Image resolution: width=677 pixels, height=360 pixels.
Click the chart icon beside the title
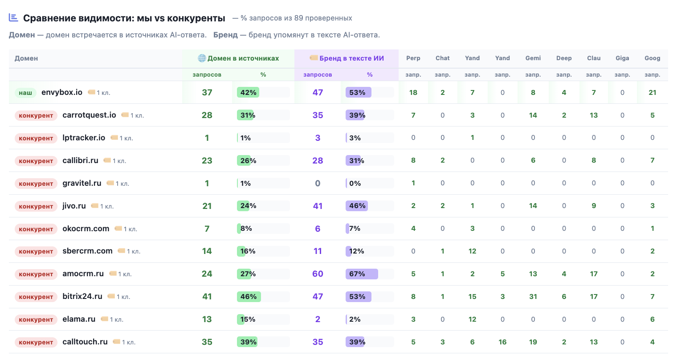tap(13, 17)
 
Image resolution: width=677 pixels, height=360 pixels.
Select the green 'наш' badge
tap(25, 93)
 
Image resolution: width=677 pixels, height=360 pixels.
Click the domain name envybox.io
tap(62, 92)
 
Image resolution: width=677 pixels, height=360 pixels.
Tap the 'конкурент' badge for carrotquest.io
tap(36, 115)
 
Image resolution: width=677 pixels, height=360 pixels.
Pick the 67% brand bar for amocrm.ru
tap(362, 274)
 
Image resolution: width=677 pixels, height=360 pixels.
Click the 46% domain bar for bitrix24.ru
tap(249, 297)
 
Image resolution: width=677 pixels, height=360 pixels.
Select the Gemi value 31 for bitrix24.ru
tap(533, 297)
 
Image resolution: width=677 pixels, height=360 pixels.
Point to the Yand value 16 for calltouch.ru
tap(502, 342)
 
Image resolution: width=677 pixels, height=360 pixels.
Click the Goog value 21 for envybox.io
tap(652, 93)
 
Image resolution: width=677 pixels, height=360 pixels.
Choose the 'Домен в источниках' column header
tap(238, 58)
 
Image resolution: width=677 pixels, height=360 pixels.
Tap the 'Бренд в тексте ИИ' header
tap(347, 58)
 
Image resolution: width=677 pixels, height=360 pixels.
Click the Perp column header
tap(413, 58)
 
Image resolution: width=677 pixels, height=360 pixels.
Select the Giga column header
tap(622, 58)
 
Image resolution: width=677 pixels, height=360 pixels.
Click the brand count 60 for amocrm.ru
tap(318, 274)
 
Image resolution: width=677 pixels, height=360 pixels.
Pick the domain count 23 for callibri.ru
tap(207, 160)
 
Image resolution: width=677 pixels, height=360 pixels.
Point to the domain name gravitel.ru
tap(82, 183)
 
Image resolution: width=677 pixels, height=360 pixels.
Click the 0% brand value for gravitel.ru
tap(355, 183)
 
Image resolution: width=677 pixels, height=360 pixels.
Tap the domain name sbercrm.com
tap(87, 251)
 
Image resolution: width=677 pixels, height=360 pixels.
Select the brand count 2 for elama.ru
tap(318, 319)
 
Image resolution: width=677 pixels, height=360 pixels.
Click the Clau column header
tap(594, 58)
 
